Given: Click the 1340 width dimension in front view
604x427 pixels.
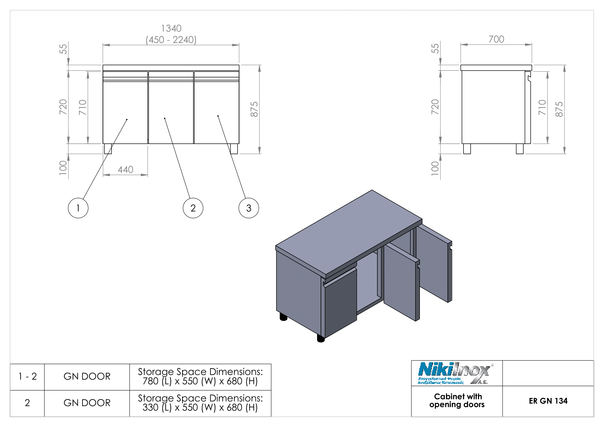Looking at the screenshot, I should [x=171, y=28].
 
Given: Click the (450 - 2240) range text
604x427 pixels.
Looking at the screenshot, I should [x=171, y=40].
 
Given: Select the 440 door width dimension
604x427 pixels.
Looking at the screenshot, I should [x=125, y=170].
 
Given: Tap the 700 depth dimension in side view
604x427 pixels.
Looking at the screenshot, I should [x=496, y=39].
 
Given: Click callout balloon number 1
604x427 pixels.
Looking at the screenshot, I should [x=78, y=208].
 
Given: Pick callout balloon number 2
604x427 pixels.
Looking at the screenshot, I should [x=193, y=208].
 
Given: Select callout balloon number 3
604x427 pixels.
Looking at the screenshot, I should [x=249, y=208].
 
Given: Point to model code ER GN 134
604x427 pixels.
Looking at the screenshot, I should [x=548, y=401].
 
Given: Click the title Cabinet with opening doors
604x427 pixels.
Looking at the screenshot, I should [x=457, y=400].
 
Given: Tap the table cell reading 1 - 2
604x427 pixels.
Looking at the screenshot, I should [x=27, y=376].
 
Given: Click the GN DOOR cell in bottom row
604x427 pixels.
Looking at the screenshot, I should [x=87, y=403].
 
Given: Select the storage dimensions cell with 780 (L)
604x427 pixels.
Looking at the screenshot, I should [x=200, y=376].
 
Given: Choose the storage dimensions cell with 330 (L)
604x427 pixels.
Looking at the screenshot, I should [x=200, y=403].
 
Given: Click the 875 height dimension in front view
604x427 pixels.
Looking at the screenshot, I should [x=254, y=109].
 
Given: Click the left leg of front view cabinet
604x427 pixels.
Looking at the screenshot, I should [x=108, y=148].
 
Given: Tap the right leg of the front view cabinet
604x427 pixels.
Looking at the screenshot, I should [x=234, y=148].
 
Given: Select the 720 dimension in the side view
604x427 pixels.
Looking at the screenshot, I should [x=435, y=107].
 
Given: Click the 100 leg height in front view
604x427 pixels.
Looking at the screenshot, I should [x=63, y=168].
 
